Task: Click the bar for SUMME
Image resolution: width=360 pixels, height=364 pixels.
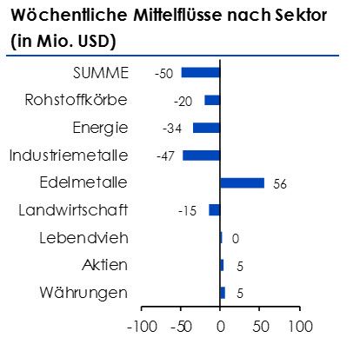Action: click(x=200, y=73)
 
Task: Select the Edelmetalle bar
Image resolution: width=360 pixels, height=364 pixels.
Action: click(x=242, y=182)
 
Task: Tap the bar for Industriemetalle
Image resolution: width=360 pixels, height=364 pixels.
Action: click(x=201, y=156)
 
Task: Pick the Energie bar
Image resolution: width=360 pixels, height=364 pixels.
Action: click(x=206, y=128)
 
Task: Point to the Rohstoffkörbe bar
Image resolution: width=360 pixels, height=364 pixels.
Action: click(x=212, y=100)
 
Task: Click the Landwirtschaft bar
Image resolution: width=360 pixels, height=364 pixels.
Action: click(x=214, y=209)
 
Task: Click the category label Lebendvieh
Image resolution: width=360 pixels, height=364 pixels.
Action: click(x=84, y=237)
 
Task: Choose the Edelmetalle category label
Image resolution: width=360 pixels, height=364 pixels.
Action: click(x=84, y=182)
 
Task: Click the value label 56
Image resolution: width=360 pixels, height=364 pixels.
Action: click(x=278, y=183)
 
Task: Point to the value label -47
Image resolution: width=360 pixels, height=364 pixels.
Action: click(x=166, y=156)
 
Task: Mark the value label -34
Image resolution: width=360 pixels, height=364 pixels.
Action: click(x=171, y=129)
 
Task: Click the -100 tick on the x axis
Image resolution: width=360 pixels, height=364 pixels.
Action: click(x=141, y=328)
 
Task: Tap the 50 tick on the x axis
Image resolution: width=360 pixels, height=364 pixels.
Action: click(x=260, y=328)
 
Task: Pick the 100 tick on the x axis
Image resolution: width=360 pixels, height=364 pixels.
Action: click(x=300, y=328)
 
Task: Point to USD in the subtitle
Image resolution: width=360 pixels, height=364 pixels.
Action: click(x=92, y=41)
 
